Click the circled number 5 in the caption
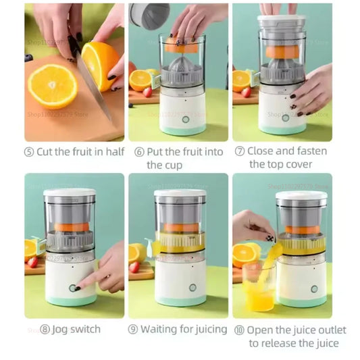[x=30, y=151]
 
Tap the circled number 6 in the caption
[x=139, y=151]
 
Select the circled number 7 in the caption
[x=239, y=151]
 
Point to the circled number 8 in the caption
[x=45, y=330]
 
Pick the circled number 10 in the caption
[x=239, y=330]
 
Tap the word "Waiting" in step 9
[x=169, y=330]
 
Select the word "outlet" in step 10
[x=330, y=330]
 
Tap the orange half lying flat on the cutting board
[x=52, y=86]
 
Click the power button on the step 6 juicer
[x=185, y=119]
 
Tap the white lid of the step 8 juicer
[x=70, y=194]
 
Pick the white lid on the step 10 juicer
[x=301, y=196]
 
